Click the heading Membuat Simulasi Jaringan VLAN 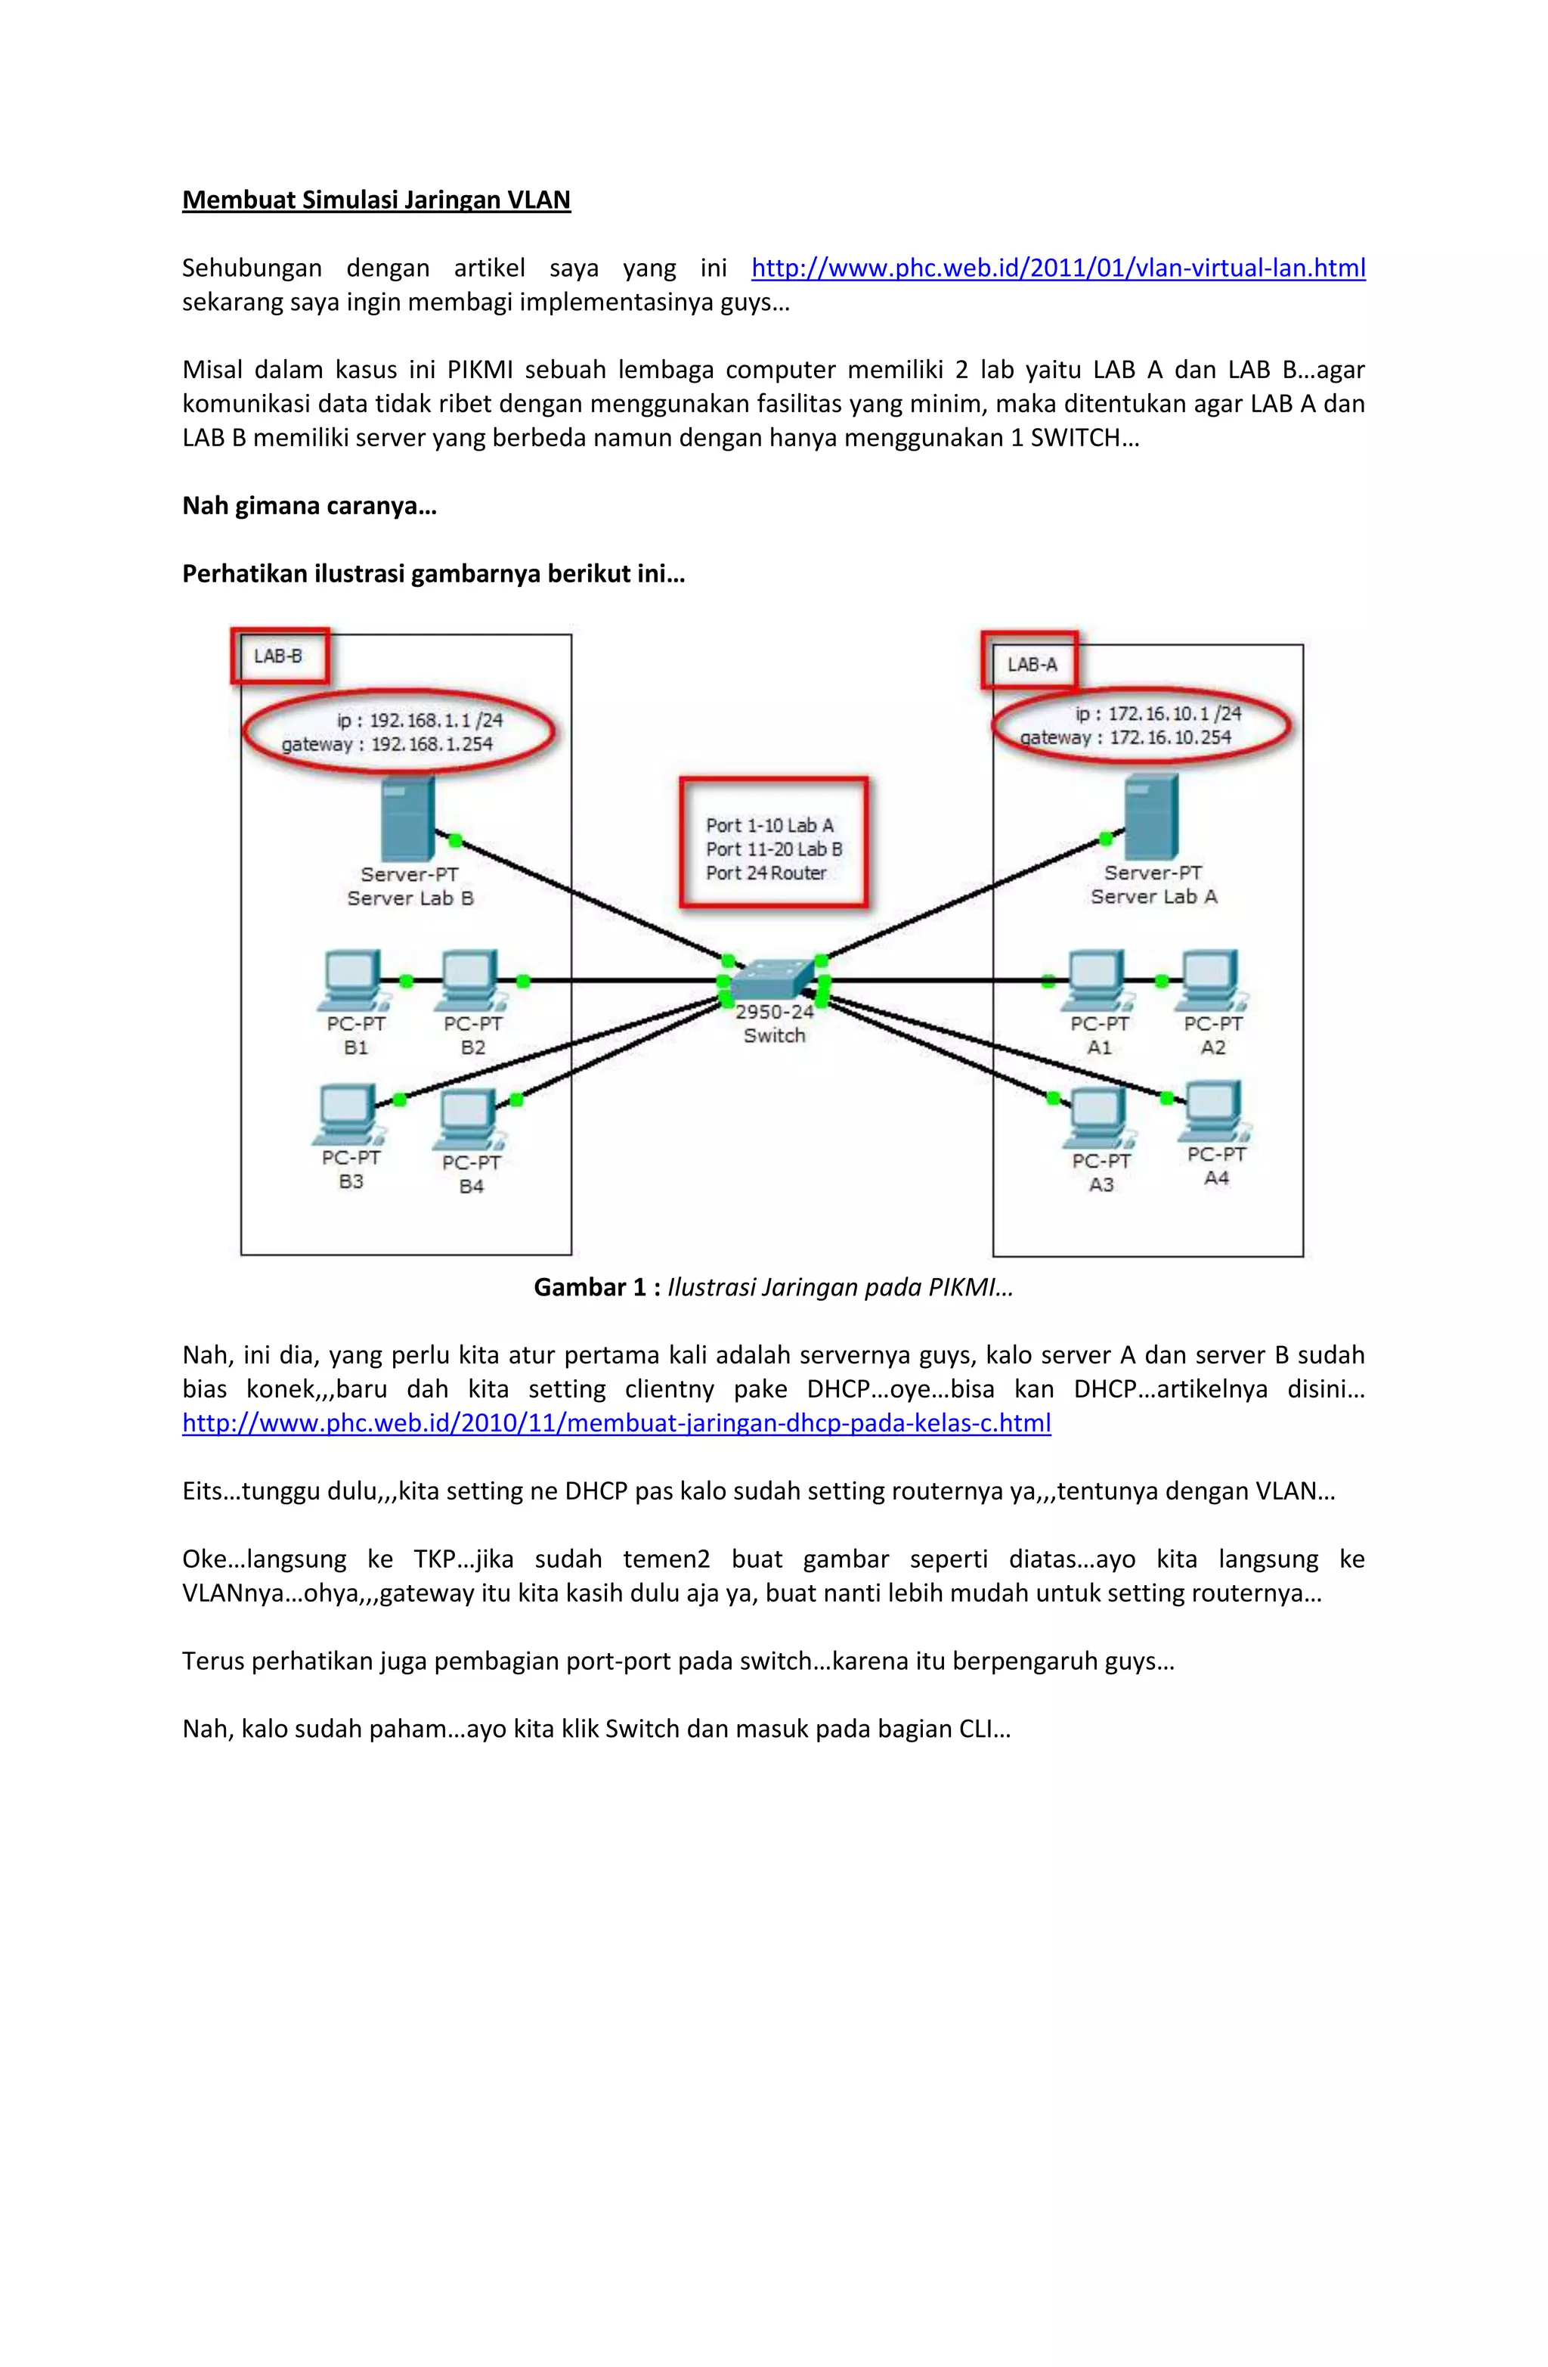pyautogui.click(x=376, y=200)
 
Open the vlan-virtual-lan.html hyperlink pyautogui.click(x=1058, y=268)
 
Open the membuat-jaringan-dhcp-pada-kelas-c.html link pyautogui.click(x=617, y=1423)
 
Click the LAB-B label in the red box pyautogui.click(x=278, y=656)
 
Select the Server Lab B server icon pyautogui.click(x=407, y=818)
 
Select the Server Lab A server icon pyautogui.click(x=1151, y=817)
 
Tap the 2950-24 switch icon pyautogui.click(x=773, y=978)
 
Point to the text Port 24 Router pyautogui.click(x=766, y=873)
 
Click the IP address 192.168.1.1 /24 pyautogui.click(x=435, y=720)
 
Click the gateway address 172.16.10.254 pyautogui.click(x=1170, y=738)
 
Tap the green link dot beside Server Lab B pyautogui.click(x=455, y=840)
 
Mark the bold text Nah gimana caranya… pyautogui.click(x=309, y=506)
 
